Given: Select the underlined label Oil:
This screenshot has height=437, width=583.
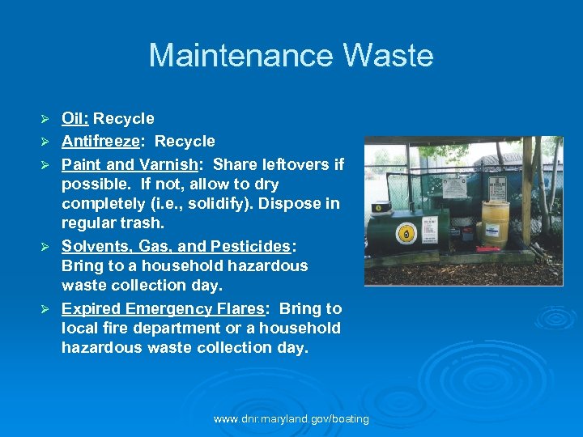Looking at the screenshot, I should click(x=75, y=119).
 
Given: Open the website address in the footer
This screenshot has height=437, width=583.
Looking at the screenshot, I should click(x=291, y=419).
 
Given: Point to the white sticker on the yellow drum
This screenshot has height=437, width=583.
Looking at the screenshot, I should click(x=492, y=218).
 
